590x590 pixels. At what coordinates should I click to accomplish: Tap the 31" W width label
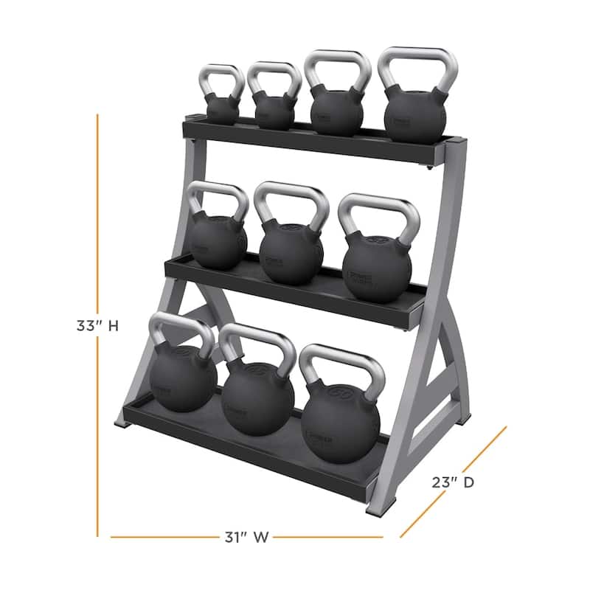[246, 537]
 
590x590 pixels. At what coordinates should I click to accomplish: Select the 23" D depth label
[451, 483]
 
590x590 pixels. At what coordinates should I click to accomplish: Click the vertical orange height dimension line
[97, 221]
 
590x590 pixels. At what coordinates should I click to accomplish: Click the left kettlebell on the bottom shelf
[183, 376]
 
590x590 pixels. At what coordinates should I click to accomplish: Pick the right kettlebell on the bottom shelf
[340, 417]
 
